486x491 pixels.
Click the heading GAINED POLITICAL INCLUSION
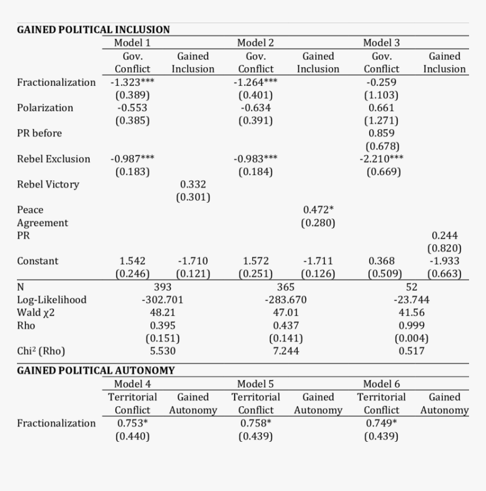pos(93,29)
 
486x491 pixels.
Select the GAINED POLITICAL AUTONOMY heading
pos(96,371)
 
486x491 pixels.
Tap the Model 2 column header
pos(255,43)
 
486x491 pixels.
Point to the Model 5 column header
pos(255,384)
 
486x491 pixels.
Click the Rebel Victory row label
pos(48,184)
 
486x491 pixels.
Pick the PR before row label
pos(40,133)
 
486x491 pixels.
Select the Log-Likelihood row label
pos(51,299)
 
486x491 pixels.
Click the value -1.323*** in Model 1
pos(132,82)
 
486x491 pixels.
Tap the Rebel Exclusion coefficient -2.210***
pos(381,159)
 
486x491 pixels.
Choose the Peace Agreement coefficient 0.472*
pos(318,210)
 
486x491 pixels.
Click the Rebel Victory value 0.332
pos(193,184)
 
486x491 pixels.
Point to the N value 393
pos(163,287)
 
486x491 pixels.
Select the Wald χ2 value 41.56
pos(411,312)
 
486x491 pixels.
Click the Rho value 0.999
pos(411,325)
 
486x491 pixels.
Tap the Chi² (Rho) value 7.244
pos(286,351)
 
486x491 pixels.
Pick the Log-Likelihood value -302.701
pos(163,299)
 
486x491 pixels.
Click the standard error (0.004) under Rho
pos(411,338)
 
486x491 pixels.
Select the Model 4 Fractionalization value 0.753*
pos(132,423)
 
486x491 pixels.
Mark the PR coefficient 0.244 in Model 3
pos(445,236)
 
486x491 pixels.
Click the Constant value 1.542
pos(132,261)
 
